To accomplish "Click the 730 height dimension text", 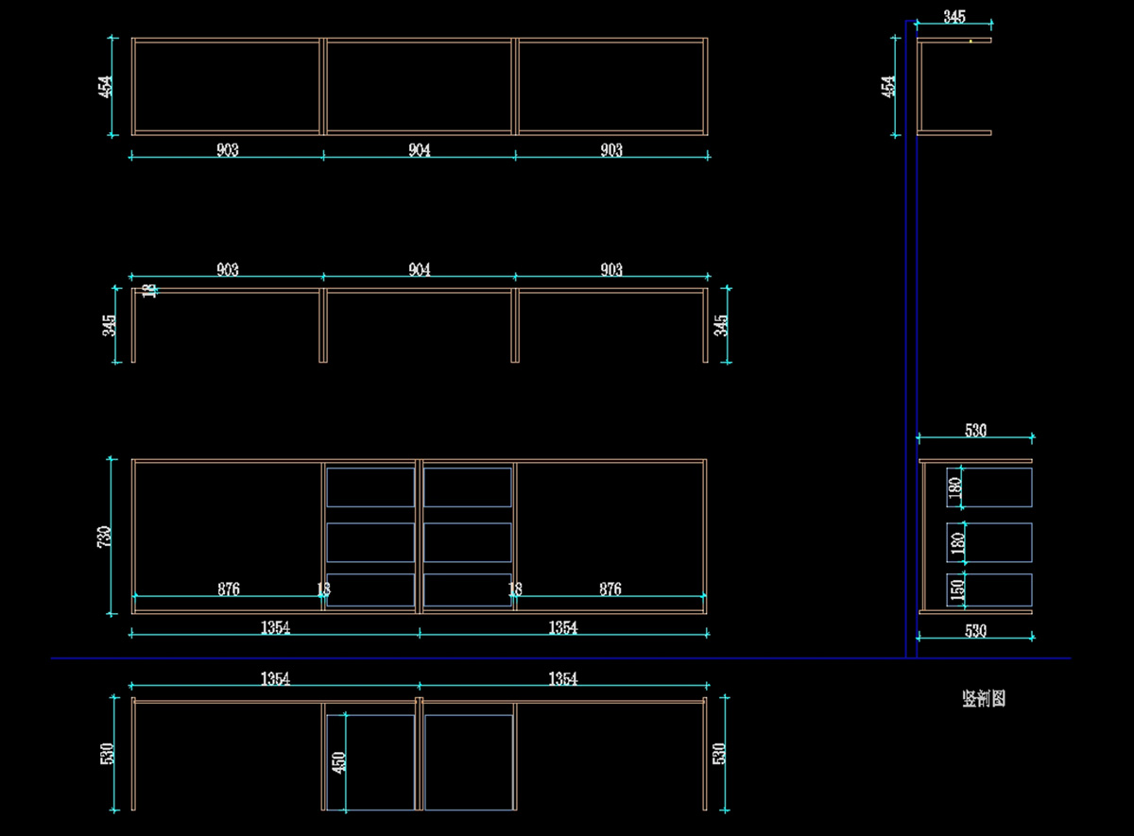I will [x=105, y=536].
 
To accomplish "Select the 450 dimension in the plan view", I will [x=338, y=761].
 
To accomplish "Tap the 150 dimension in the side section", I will [x=957, y=590].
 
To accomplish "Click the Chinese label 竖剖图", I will [x=984, y=699].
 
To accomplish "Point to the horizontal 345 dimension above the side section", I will [x=954, y=16].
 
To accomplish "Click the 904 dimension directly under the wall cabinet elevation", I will [x=420, y=150].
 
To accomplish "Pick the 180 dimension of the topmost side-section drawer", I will [x=955, y=487].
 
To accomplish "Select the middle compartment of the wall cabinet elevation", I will [x=420, y=86].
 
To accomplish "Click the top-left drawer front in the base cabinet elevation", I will [x=370, y=487].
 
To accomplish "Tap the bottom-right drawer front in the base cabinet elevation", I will [x=468, y=589].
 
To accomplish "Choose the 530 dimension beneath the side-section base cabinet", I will [x=975, y=631].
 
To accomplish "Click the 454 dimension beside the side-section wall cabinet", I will [x=888, y=86].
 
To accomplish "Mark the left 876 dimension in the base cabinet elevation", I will [x=228, y=589].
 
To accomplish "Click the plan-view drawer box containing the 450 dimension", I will [x=370, y=761].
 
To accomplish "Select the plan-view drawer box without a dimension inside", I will [x=469, y=761].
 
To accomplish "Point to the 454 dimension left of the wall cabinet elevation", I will [x=106, y=86].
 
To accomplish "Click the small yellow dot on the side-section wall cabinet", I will [x=971, y=41].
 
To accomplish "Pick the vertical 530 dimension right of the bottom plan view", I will [x=719, y=753].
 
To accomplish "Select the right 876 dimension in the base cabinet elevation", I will [x=610, y=589].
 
